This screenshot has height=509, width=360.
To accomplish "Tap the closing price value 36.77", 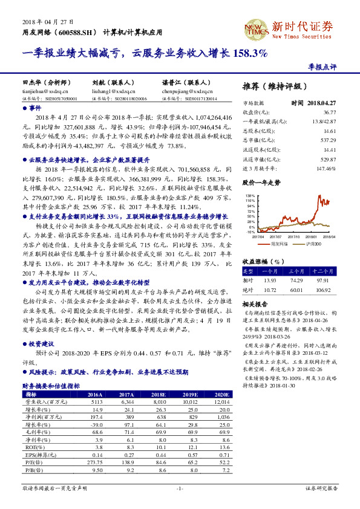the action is tap(329, 113).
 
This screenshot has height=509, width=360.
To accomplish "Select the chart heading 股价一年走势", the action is tap(261, 182).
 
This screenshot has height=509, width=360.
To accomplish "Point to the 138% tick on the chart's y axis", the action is tap(250, 196).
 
